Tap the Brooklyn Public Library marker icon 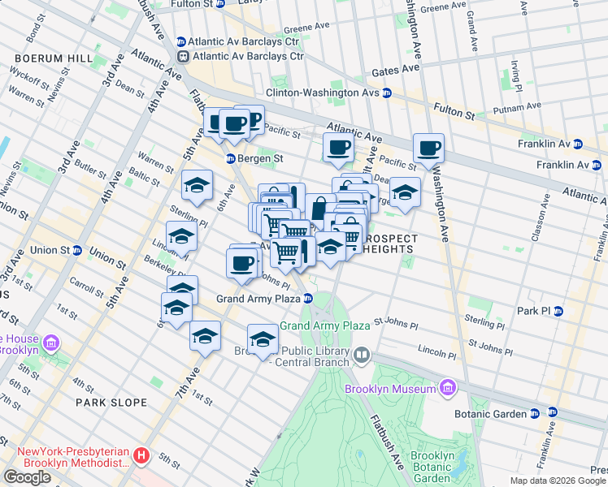[x=362, y=355]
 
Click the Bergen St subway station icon [x=231, y=158]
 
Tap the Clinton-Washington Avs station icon [x=388, y=93]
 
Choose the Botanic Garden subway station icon [x=534, y=414]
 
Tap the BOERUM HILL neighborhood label [x=46, y=59]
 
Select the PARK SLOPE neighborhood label [x=111, y=403]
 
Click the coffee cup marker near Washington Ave [x=428, y=149]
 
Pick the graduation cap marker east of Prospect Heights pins [x=404, y=192]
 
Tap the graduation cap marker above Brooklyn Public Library [x=263, y=339]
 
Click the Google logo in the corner [x=27, y=476]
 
